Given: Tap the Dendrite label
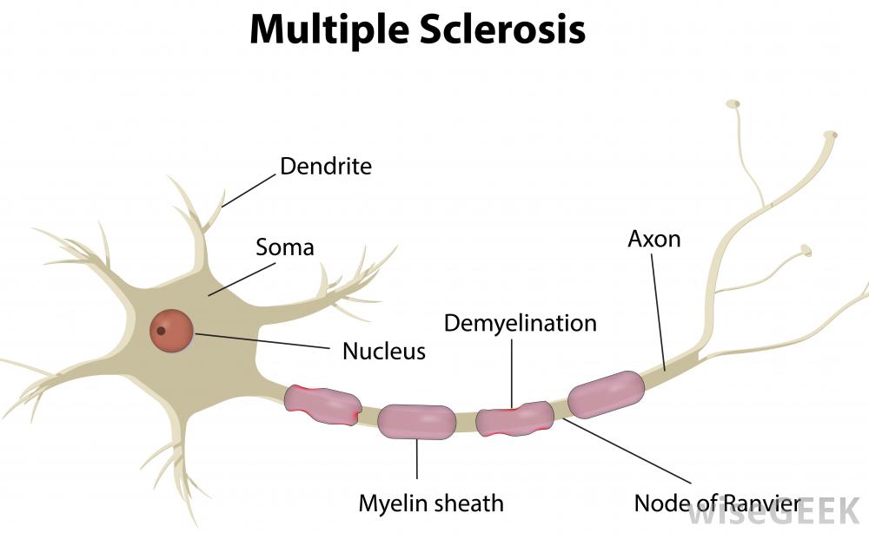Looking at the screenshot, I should pyautogui.click(x=325, y=166).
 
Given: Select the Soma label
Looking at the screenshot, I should pyautogui.click(x=284, y=247).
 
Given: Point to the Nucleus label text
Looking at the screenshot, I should pyautogui.click(x=383, y=351).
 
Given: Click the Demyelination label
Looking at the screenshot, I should pyautogui.click(x=520, y=324).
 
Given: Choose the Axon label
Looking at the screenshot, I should pyautogui.click(x=653, y=239).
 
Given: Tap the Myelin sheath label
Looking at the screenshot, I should pyautogui.click(x=431, y=502).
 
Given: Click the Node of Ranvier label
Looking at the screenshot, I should pyautogui.click(x=717, y=503).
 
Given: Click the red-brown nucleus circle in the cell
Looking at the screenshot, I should pyautogui.click(x=171, y=330).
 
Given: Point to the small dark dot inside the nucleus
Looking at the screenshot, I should pyautogui.click(x=161, y=331).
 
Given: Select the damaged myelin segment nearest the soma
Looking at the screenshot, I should pyautogui.click(x=322, y=404).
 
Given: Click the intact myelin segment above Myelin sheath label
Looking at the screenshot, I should pyautogui.click(x=416, y=423).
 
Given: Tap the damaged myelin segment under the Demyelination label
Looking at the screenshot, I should pyautogui.click(x=514, y=418).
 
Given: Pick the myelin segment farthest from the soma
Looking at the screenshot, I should pyautogui.click(x=606, y=393).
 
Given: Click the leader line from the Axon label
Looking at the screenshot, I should pyautogui.click(x=659, y=308).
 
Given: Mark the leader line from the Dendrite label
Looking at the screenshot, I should pyautogui.click(x=249, y=186).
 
